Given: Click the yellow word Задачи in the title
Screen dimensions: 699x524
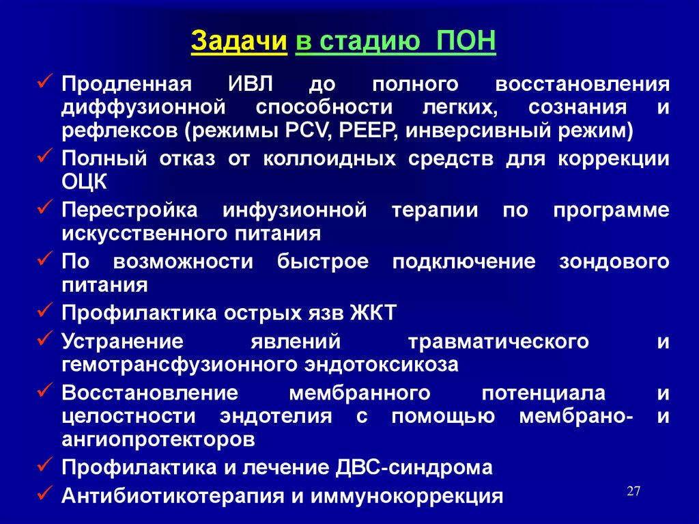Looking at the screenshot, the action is (x=239, y=41).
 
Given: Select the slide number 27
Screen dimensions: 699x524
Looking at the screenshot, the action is (x=633, y=491).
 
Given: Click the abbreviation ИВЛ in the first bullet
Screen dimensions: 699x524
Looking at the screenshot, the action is (x=251, y=84).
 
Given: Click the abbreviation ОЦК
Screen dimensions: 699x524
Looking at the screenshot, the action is (x=84, y=182).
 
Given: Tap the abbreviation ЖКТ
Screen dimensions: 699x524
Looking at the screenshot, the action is (x=373, y=312).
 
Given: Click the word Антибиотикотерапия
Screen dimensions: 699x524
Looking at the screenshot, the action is (x=173, y=496).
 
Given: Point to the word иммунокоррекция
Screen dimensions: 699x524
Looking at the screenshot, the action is (x=407, y=496).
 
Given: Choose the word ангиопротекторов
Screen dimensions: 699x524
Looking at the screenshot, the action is (x=158, y=440).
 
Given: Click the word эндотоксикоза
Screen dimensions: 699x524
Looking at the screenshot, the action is (x=382, y=365).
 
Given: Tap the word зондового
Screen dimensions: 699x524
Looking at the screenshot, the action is (x=614, y=262).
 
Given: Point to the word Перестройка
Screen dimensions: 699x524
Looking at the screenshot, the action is (x=130, y=210).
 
